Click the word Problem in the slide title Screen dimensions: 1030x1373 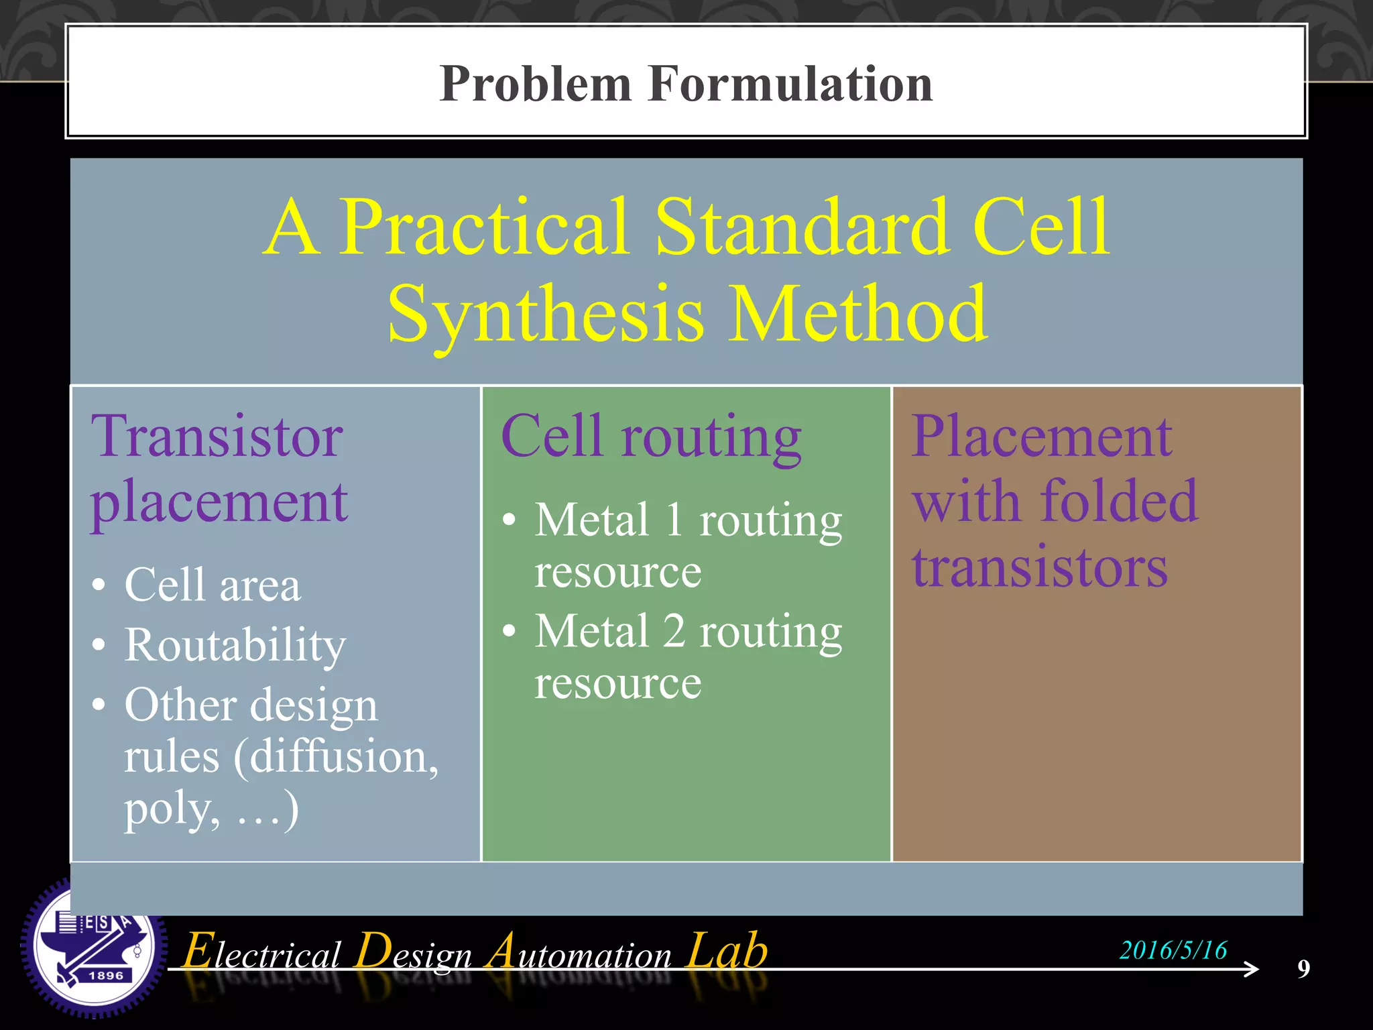[536, 84]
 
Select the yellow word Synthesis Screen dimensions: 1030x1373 [546, 314]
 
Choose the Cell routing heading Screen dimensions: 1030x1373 [650, 437]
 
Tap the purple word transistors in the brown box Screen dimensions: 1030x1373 [1039, 567]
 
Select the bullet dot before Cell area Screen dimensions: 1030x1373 [99, 585]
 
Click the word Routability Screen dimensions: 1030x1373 [235, 645]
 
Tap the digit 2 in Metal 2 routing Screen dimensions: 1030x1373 [674, 631]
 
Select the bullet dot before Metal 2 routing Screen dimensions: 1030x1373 [510, 630]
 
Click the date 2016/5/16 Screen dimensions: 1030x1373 [1173, 950]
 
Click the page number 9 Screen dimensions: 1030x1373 [1303, 968]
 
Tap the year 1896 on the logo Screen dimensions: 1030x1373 [106, 976]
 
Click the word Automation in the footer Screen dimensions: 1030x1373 [579, 952]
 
